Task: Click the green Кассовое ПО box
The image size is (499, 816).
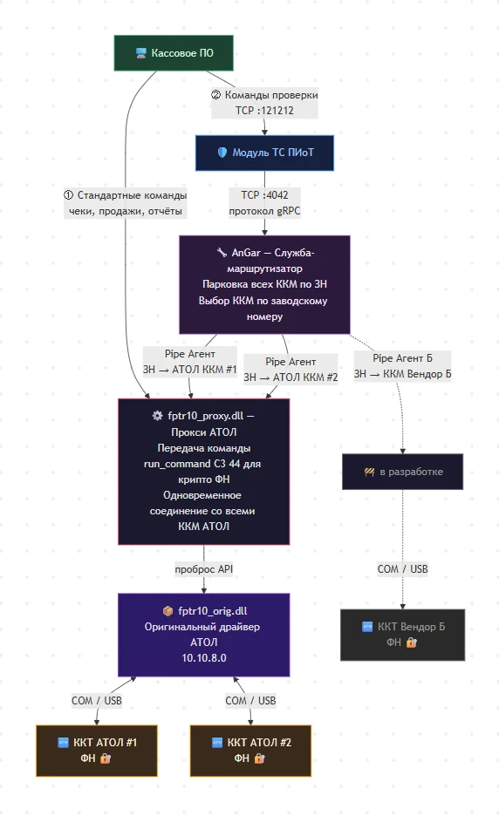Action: tap(174, 53)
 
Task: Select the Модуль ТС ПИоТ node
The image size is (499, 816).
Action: tap(264, 153)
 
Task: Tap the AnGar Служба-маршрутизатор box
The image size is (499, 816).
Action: tap(264, 285)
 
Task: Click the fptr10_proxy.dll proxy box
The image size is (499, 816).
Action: tap(203, 472)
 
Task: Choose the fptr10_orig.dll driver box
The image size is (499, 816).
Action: tap(203, 635)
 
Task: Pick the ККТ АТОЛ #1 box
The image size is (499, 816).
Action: tap(97, 751)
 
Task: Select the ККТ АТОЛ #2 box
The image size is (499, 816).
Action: tap(250, 751)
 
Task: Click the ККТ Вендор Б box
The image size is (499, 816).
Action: tap(403, 635)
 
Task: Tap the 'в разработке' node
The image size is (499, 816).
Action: tap(403, 472)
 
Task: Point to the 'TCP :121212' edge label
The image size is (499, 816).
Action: tap(264, 111)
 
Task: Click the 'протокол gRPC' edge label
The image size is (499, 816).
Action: tap(264, 211)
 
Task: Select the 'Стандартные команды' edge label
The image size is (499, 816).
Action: tap(132, 195)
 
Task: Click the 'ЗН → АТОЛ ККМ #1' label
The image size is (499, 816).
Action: tap(189, 370)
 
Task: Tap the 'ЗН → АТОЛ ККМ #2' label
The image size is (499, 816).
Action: tap(291, 377)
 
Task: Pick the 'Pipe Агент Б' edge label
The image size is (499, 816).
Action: tap(403, 358)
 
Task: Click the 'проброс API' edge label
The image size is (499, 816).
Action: tap(203, 569)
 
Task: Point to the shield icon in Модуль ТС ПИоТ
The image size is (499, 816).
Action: tap(222, 153)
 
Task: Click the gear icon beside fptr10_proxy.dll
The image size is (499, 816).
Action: tap(157, 415)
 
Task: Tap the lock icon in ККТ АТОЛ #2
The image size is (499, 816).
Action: tap(259, 758)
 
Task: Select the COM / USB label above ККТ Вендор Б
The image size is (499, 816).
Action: tap(403, 569)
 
